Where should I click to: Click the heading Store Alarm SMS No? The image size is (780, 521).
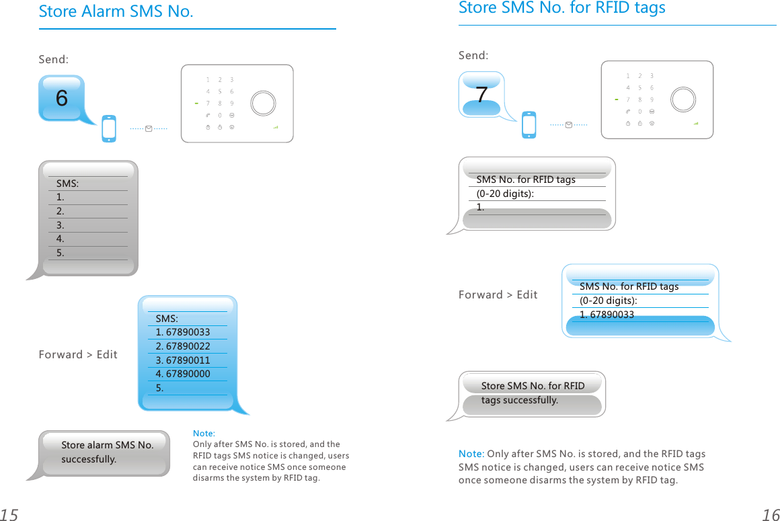tap(116, 11)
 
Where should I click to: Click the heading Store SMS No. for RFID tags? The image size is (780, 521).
tap(561, 7)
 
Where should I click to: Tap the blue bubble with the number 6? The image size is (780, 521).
tap(62, 98)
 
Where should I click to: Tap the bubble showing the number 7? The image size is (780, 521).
tap(481, 95)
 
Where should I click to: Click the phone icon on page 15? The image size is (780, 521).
tap(109, 128)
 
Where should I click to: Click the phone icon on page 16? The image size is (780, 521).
tap(529, 125)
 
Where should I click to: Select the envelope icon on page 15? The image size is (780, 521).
tap(149, 128)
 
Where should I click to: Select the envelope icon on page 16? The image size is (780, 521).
tap(569, 124)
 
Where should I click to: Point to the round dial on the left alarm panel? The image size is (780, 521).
tap(262, 103)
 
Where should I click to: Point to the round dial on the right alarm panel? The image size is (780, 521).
tap(682, 99)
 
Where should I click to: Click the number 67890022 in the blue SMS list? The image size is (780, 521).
tap(188, 346)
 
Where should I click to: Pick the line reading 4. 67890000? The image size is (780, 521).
tap(183, 374)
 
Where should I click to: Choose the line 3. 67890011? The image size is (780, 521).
tap(183, 360)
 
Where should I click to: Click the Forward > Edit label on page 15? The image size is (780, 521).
tap(78, 354)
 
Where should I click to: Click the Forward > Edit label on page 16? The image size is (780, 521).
tap(498, 294)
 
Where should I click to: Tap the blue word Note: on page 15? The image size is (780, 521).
tap(204, 434)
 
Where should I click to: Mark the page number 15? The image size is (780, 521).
tap(9, 515)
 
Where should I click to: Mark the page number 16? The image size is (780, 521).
tap(771, 515)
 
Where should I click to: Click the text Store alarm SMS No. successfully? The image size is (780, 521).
tap(108, 452)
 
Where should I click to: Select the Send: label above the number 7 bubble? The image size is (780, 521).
tap(473, 55)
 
